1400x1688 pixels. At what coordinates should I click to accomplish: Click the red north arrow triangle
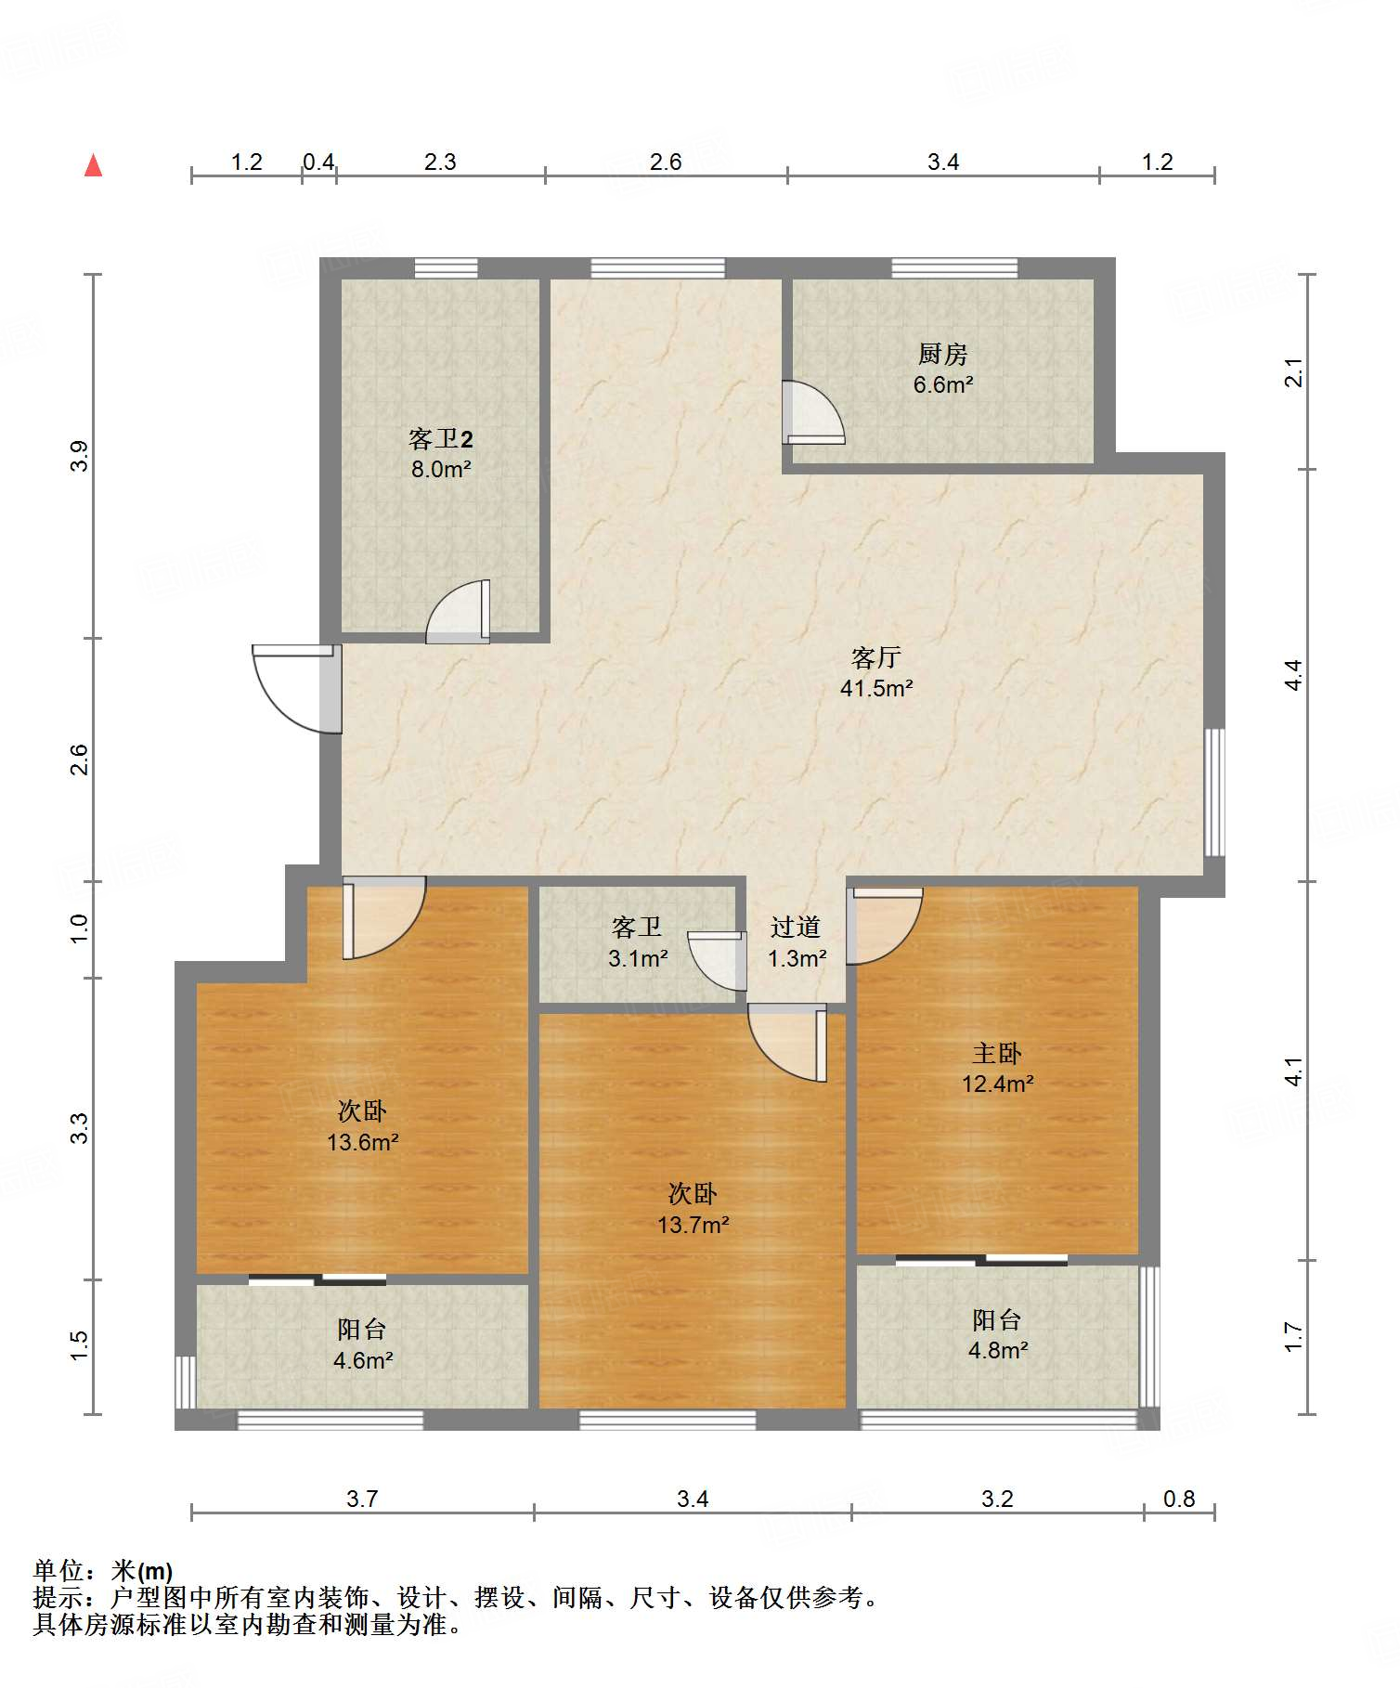93,166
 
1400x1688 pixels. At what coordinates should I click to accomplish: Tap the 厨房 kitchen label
942,354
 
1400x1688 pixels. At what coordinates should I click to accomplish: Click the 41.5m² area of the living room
875,689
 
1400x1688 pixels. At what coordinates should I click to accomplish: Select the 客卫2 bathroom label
441,438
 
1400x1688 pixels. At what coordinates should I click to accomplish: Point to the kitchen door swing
813,411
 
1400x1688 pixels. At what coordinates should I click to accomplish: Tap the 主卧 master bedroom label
996,1053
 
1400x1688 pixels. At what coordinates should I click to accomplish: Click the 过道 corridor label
796,927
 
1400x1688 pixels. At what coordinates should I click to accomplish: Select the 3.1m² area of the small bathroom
638,958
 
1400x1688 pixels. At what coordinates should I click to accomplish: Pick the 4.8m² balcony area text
997,1350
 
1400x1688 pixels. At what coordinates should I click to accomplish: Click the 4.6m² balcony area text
363,1361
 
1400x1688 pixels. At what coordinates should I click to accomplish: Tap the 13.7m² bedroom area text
693,1225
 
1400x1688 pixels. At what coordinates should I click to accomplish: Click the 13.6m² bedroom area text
362,1142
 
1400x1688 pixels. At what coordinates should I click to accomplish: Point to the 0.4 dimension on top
318,162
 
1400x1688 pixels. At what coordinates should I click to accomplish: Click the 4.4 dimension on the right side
1294,675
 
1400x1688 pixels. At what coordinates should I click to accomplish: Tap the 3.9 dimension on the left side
80,456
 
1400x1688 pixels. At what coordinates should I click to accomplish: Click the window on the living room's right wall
1214,792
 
